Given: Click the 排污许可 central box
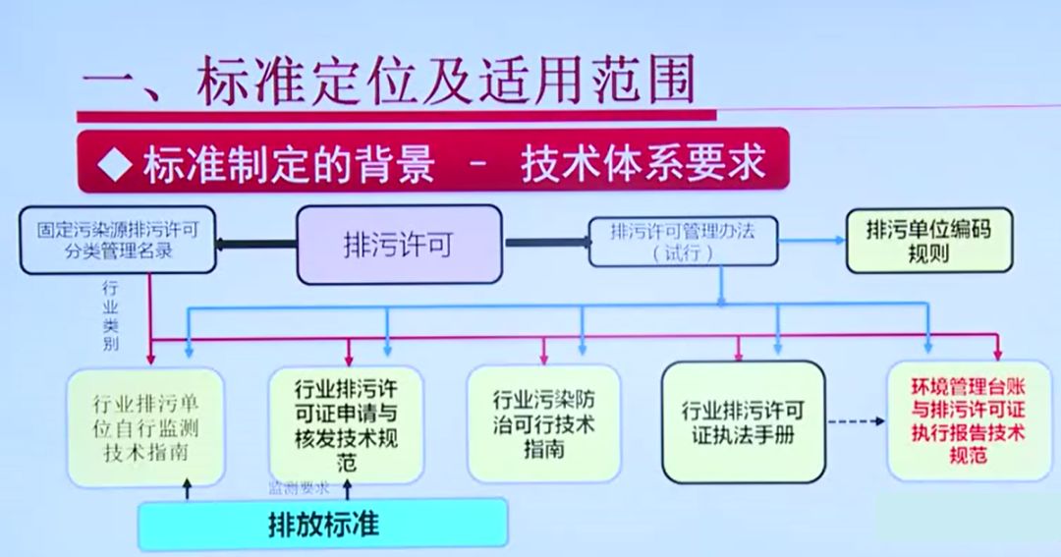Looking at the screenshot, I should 398,245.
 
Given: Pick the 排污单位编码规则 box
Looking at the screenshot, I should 928,242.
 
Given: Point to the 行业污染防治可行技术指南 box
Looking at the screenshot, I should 543,423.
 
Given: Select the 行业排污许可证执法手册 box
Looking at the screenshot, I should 743,422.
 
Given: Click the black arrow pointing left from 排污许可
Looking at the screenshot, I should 255,245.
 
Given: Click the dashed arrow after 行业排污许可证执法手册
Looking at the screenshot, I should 853,423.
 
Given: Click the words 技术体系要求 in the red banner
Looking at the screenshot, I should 643,163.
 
